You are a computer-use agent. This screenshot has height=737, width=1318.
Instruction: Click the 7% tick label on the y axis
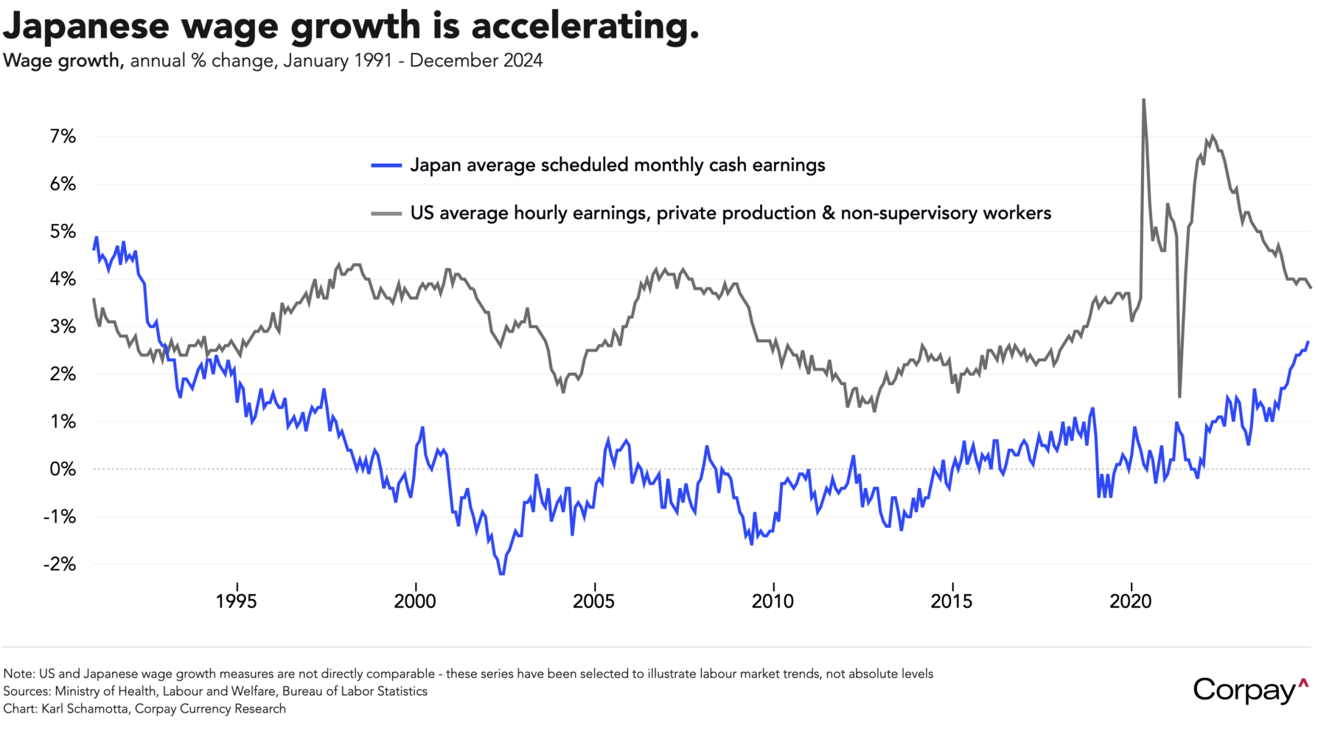pyautogui.click(x=63, y=136)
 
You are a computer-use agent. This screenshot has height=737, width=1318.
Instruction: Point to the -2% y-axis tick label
pyautogui.click(x=60, y=564)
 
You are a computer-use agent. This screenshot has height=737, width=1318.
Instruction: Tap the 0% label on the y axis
pyautogui.click(x=63, y=469)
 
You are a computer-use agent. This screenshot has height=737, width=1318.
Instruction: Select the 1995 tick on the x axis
pyautogui.click(x=236, y=601)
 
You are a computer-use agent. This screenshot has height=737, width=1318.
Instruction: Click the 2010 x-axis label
pyautogui.click(x=773, y=601)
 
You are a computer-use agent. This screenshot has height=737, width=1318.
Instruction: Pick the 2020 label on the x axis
pyautogui.click(x=1130, y=601)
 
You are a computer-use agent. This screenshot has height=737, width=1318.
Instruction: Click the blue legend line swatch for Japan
pyautogui.click(x=386, y=166)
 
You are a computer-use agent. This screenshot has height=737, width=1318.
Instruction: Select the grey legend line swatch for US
pyautogui.click(x=386, y=214)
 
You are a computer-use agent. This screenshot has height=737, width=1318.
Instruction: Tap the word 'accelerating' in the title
pyautogui.click(x=584, y=26)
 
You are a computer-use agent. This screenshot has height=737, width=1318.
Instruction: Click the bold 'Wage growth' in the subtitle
pyautogui.click(x=62, y=60)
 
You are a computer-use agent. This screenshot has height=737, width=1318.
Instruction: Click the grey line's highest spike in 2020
pyautogui.click(x=1143, y=99)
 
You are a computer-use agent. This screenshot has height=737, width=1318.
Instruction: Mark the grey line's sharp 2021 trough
pyautogui.click(x=1179, y=397)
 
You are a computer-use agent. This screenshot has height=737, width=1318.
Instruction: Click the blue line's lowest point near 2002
pyautogui.click(x=502, y=573)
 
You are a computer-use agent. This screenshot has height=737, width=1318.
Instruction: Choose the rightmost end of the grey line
pyautogui.click(x=1311, y=287)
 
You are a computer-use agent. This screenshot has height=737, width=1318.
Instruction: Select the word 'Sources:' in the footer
pyautogui.click(x=27, y=691)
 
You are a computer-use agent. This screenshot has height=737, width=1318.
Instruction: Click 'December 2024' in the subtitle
pyautogui.click(x=476, y=60)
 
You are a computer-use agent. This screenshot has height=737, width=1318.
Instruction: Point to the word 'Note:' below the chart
pyautogui.click(x=19, y=674)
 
